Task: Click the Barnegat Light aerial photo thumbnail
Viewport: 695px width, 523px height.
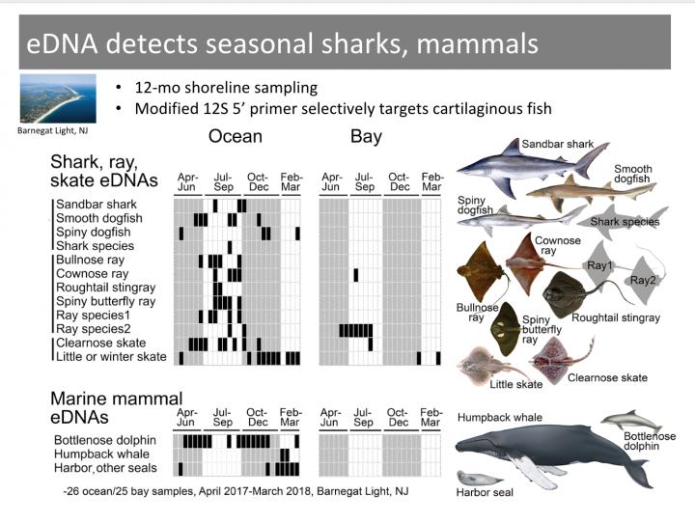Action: click(58, 98)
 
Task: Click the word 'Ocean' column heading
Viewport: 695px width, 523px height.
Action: click(236, 137)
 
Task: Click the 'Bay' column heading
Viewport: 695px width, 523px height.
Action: click(366, 137)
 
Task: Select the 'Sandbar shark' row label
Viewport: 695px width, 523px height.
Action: click(97, 205)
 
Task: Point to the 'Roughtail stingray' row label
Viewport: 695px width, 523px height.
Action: click(105, 288)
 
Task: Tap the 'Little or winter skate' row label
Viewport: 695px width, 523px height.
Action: click(111, 357)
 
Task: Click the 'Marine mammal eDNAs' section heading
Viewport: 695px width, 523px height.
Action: click(116, 408)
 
